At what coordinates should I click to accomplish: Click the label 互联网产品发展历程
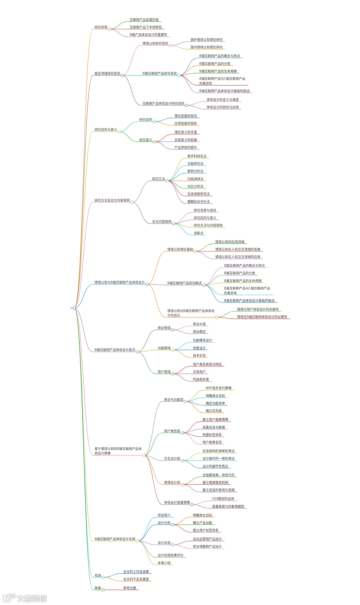144,20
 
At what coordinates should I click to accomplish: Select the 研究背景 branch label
101,27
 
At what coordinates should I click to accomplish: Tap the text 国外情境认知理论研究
206,40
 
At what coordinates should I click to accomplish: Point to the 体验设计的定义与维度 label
222,100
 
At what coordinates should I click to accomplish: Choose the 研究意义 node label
145,140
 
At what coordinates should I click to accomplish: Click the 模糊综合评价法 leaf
198,202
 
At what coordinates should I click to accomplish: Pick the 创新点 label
198,233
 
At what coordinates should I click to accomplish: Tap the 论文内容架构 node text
162,222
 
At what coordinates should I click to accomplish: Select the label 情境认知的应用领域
230,242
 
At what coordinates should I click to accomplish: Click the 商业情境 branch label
164,328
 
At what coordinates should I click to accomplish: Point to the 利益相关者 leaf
201,379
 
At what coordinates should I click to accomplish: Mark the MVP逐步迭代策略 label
218,388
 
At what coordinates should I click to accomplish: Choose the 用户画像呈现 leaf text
212,442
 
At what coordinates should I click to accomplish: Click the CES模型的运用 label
223,499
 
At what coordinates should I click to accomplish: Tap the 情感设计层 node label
172,483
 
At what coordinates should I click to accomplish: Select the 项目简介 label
164,515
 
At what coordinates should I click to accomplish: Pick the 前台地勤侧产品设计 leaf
207,546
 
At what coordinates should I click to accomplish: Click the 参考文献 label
130,588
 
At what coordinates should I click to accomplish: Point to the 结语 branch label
98,575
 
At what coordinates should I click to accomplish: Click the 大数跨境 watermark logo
25,598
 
